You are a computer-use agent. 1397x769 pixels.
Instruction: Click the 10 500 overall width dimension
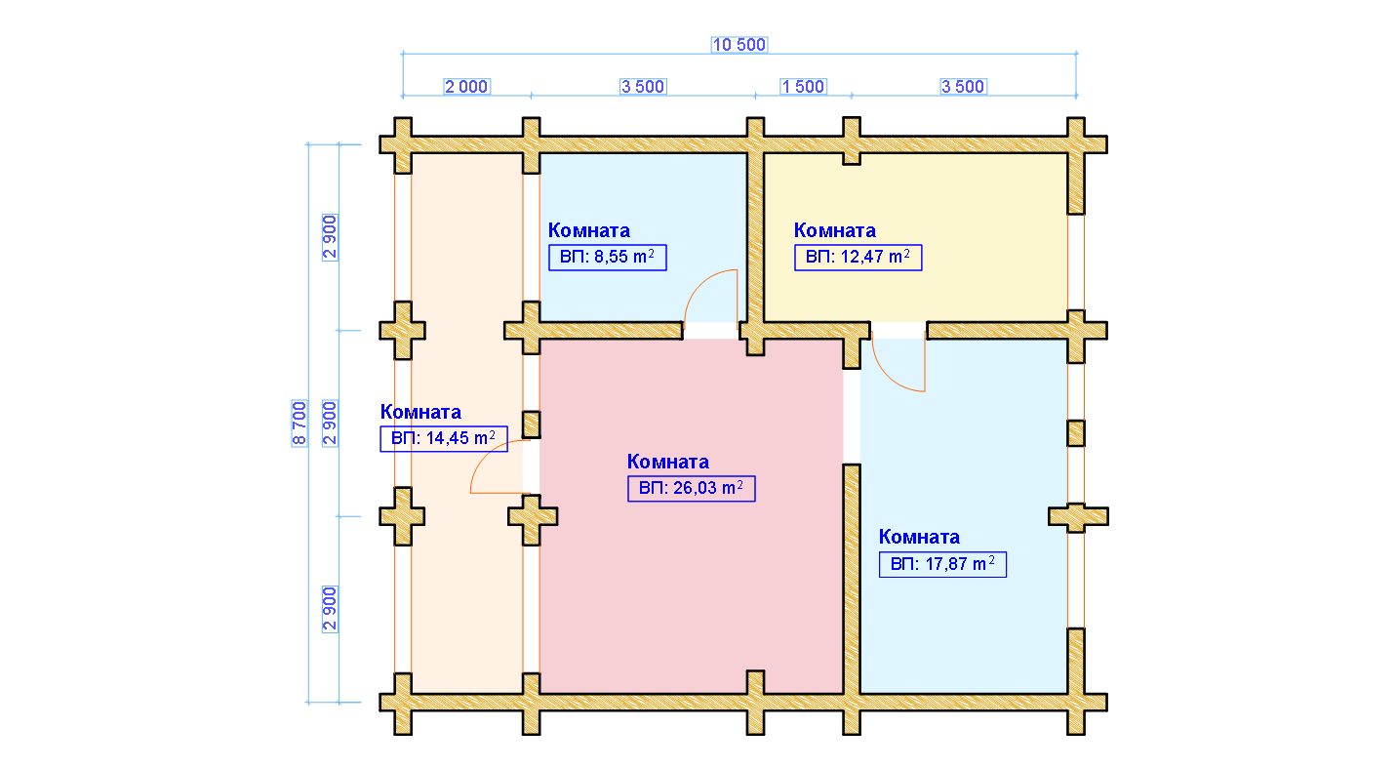pos(739,45)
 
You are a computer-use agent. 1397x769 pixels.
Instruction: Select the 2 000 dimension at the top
pos(466,87)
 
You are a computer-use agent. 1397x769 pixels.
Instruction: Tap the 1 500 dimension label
pos(803,87)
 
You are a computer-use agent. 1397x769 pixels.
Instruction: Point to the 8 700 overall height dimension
pos(299,423)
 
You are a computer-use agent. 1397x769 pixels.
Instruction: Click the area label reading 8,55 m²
pos(608,257)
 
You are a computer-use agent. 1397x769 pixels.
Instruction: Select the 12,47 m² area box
pos(858,257)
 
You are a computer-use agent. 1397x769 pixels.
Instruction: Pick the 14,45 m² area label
pos(444,438)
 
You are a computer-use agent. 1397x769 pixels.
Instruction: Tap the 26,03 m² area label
pos(691,488)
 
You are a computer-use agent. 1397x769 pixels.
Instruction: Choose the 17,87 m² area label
pos(942,564)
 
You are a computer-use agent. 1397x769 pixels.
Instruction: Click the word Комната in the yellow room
pos(834,230)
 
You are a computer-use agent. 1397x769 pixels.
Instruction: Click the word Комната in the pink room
pos(668,463)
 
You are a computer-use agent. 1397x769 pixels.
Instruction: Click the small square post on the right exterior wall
pos(1076,433)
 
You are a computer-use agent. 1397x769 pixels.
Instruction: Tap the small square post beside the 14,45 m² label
pos(532,425)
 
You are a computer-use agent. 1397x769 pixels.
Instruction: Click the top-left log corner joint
pos(403,144)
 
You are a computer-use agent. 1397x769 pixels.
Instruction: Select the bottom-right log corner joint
pos(1076,703)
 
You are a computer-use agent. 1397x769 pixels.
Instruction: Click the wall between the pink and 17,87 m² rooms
pos(852,578)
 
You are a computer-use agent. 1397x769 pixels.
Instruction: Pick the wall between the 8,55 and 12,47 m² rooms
pos(755,237)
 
